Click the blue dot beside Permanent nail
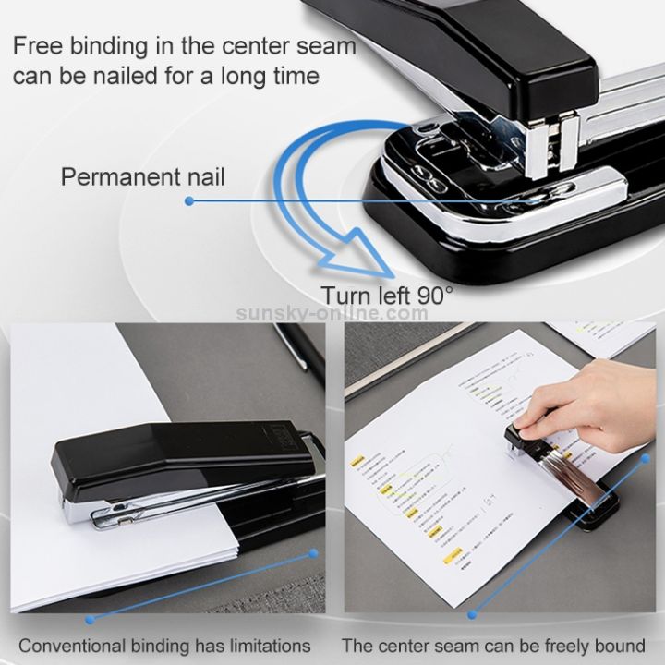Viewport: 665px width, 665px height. pos(189,199)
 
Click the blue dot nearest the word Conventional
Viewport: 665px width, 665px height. pos(90,620)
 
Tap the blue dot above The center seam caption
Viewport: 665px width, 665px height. pos(472,613)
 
